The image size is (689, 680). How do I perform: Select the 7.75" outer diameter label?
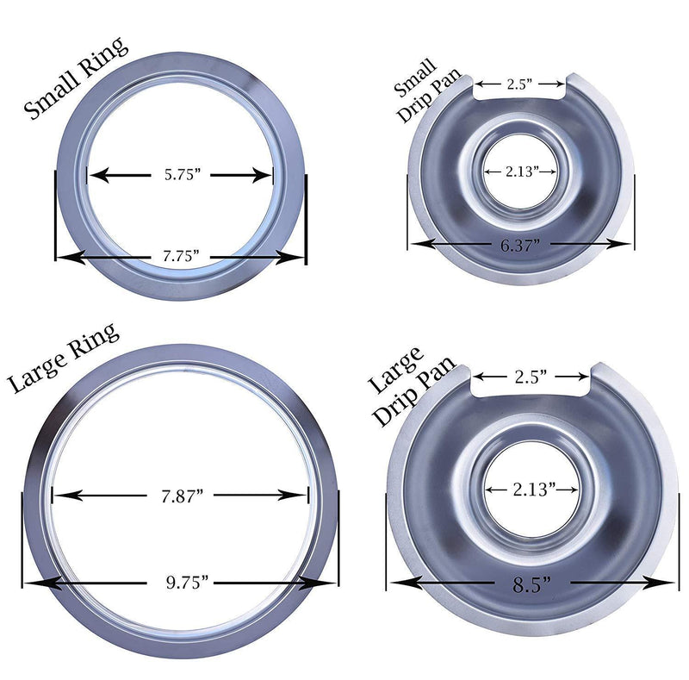[180, 256]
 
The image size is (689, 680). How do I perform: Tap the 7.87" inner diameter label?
[181, 496]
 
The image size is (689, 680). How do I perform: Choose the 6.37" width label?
[520, 245]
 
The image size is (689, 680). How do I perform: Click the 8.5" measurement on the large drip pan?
[531, 583]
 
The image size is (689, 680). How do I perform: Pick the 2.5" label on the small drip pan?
[519, 84]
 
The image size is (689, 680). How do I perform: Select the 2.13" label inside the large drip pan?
[531, 489]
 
